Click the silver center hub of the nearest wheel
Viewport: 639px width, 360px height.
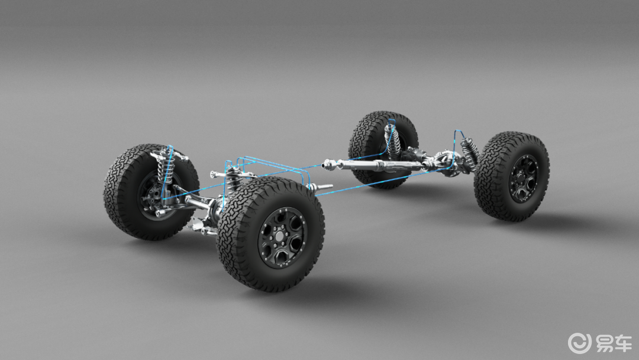281,237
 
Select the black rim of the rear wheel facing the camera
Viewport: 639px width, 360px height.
523,179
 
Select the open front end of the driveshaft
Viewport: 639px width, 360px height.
325,165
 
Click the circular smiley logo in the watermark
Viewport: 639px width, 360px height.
579,342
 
